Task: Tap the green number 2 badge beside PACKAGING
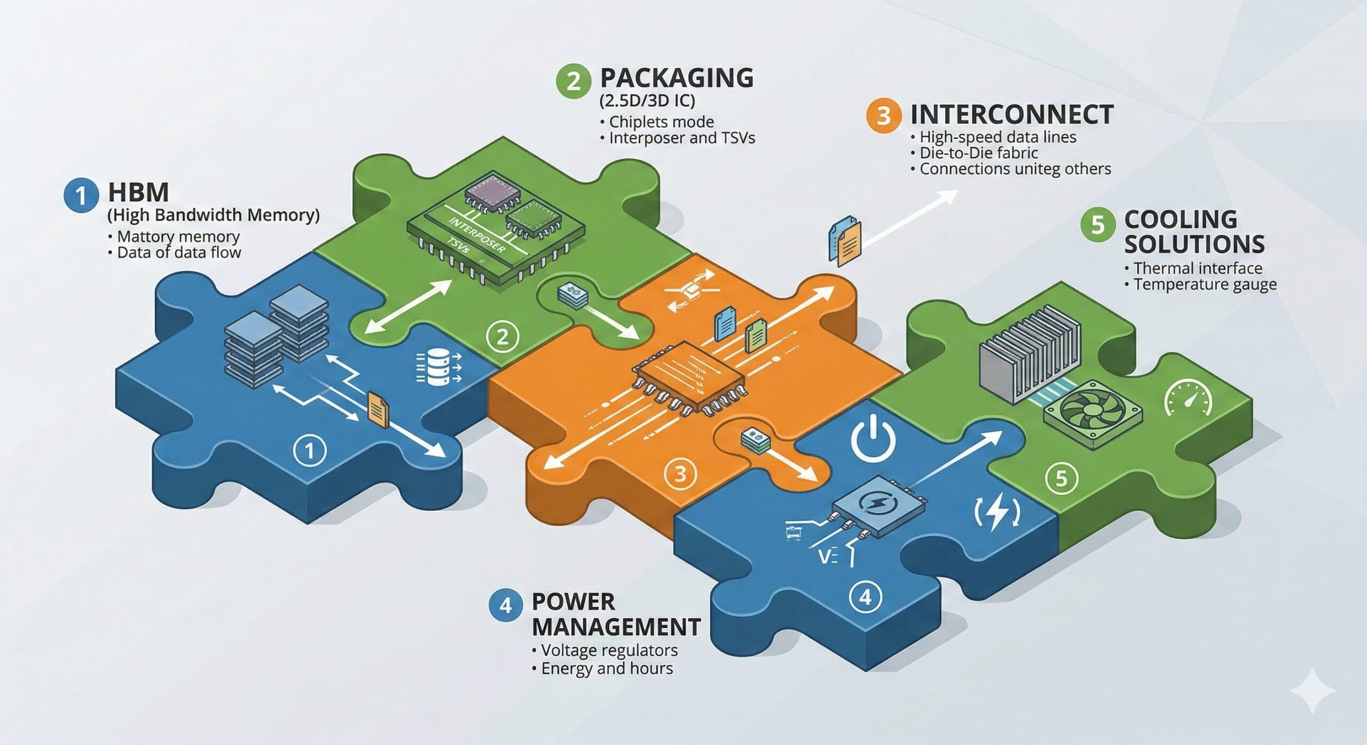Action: tap(573, 81)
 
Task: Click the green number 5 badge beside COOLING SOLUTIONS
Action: tap(1098, 225)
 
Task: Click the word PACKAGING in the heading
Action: tap(677, 78)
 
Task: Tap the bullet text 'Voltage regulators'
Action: tap(609, 650)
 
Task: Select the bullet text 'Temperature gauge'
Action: tap(1205, 284)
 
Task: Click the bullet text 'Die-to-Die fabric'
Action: tap(978, 153)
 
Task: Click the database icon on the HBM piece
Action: tap(437, 367)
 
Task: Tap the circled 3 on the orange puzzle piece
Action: tap(680, 473)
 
